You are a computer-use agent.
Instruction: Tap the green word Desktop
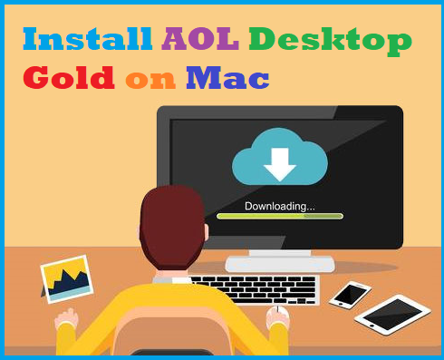click(330, 39)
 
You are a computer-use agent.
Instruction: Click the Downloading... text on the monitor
click(279, 206)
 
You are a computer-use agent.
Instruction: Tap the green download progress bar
click(279, 217)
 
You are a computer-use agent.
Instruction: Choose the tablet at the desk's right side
click(391, 313)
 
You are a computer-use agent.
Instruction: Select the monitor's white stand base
click(279, 264)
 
